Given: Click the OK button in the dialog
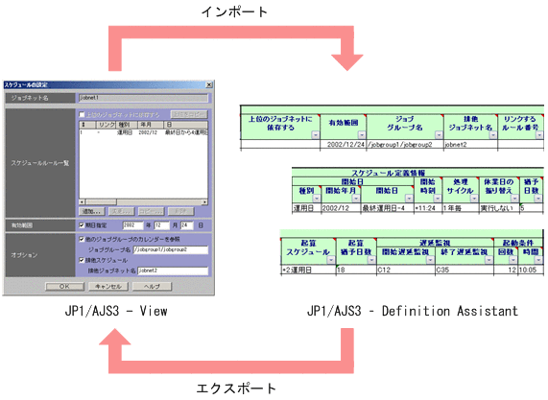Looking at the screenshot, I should pyautogui.click(x=63, y=286).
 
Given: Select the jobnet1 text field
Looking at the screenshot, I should pyautogui.click(x=140, y=98).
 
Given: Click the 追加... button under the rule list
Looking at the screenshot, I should pyautogui.click(x=92, y=208).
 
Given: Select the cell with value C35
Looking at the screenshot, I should pyautogui.click(x=461, y=271).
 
